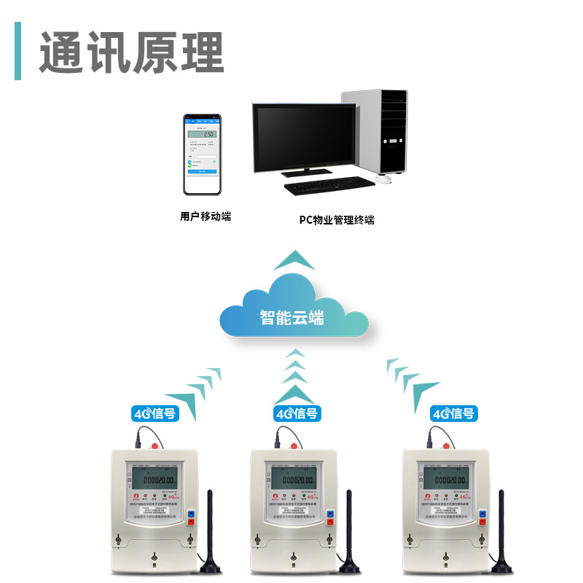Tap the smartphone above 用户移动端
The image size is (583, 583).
click(x=201, y=154)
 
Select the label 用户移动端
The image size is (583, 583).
click(x=206, y=216)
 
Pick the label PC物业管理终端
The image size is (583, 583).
click(x=337, y=219)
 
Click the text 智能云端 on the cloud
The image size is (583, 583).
click(x=291, y=318)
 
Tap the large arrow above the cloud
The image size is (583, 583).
click(x=294, y=259)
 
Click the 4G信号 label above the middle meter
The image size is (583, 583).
click(x=297, y=413)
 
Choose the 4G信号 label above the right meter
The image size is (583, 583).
click(x=453, y=413)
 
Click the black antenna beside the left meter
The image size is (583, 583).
click(x=209, y=532)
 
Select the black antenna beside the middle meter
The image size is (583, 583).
click(x=349, y=532)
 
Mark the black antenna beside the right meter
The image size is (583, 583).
click(x=502, y=532)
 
